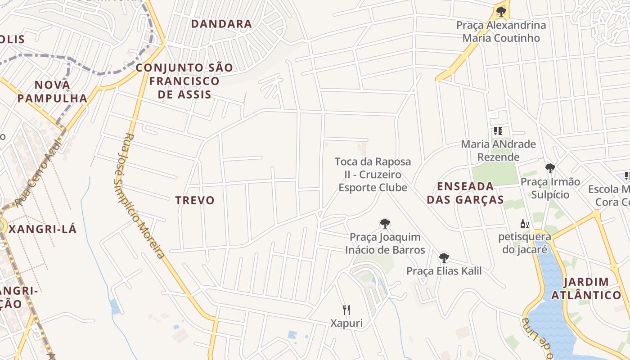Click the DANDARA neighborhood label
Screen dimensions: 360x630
pyautogui.click(x=221, y=24)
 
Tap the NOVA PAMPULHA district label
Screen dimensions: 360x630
pyautogui.click(x=52, y=91)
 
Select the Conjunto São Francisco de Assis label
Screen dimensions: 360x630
pyautogui.click(x=184, y=81)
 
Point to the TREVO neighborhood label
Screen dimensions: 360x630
pyautogui.click(x=195, y=200)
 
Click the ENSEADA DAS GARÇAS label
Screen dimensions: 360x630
pyautogui.click(x=465, y=193)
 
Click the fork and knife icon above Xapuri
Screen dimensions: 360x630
pyautogui.click(x=346, y=310)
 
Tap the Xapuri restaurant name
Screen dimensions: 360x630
pyautogui.click(x=346, y=323)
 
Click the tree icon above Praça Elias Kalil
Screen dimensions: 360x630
pyautogui.click(x=444, y=258)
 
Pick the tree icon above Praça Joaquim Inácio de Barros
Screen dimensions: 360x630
pyautogui.click(x=385, y=224)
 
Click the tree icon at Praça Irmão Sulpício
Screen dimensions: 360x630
pyautogui.click(x=550, y=168)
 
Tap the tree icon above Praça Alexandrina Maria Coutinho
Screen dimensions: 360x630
pyautogui.click(x=501, y=12)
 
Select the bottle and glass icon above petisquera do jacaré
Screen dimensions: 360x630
pyautogui.click(x=524, y=224)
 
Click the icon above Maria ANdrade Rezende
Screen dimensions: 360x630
pyautogui.click(x=498, y=131)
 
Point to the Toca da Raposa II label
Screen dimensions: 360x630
pyautogui.click(x=373, y=175)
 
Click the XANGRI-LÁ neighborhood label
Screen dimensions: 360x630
pyautogui.click(x=43, y=229)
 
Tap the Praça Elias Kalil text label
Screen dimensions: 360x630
pyautogui.click(x=444, y=271)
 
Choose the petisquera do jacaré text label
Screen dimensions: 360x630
pyautogui.click(x=525, y=243)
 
